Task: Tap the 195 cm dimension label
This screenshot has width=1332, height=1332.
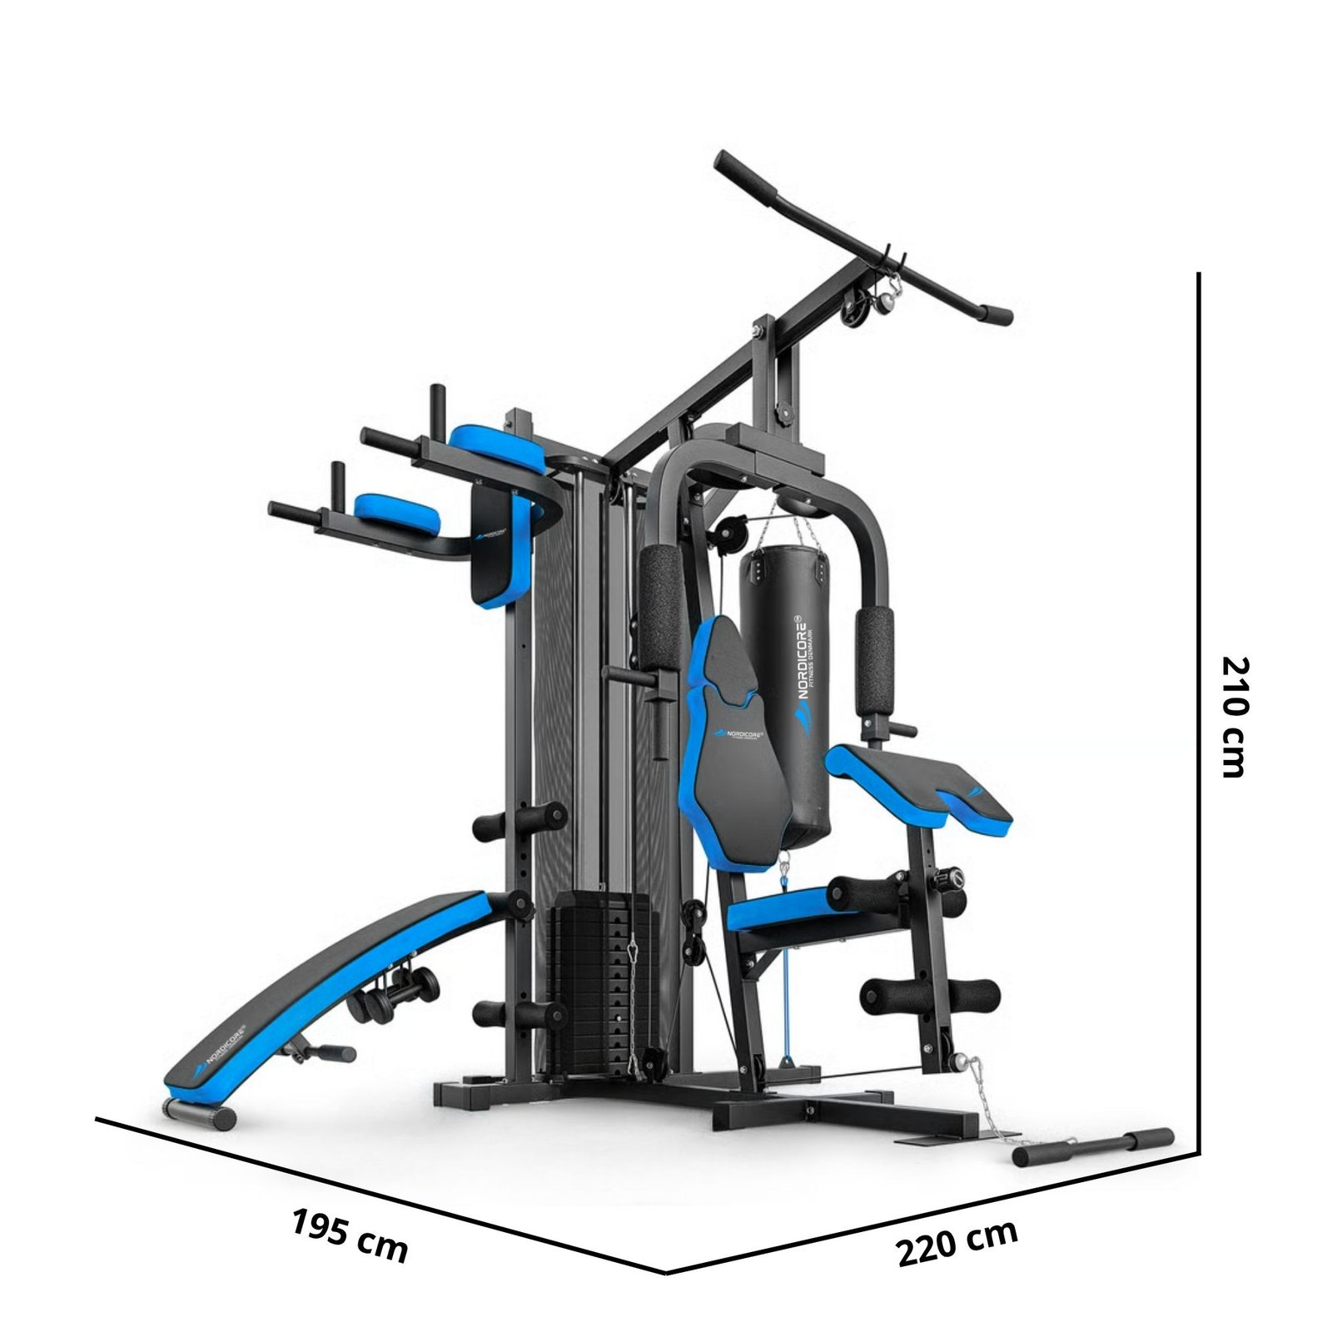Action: [350, 1235]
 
